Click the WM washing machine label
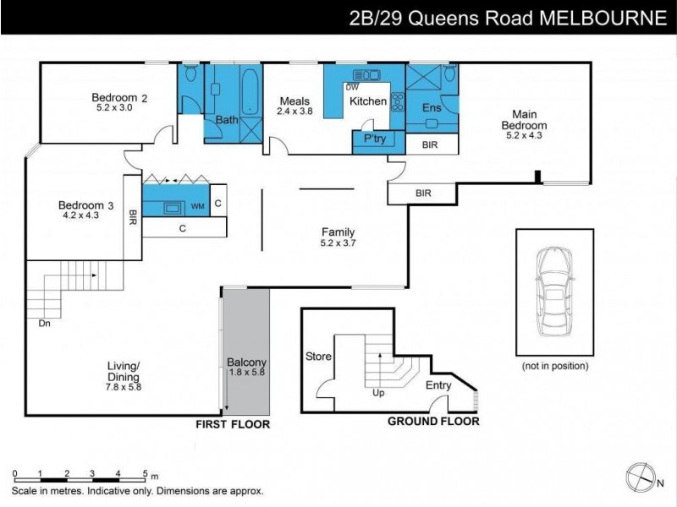(x=196, y=205)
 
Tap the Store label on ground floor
(x=317, y=357)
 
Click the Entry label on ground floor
(x=438, y=386)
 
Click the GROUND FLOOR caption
(x=432, y=421)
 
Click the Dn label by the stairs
(x=45, y=322)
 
